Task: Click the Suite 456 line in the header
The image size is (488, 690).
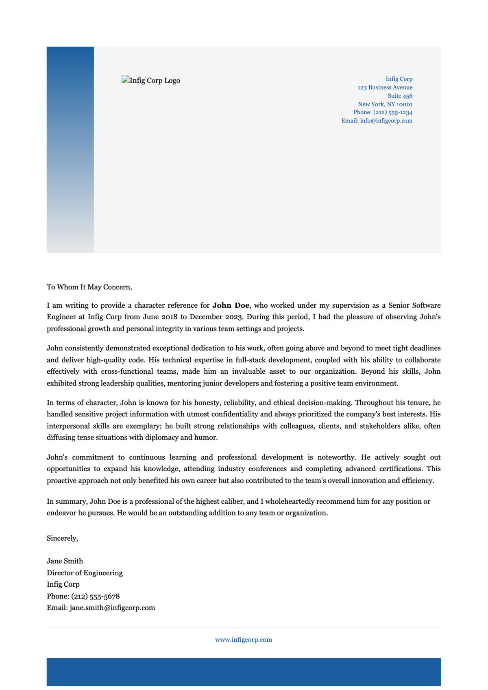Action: click(400, 96)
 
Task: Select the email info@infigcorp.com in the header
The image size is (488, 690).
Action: click(386, 121)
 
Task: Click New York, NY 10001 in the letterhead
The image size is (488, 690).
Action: click(385, 104)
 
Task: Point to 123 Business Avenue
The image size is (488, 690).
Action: click(385, 87)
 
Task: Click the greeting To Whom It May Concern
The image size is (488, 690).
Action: click(89, 287)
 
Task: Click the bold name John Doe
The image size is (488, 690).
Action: click(231, 305)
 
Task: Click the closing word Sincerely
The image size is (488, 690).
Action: click(62, 538)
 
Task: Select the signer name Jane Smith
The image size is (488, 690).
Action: click(65, 561)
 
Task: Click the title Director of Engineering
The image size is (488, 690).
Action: click(85, 573)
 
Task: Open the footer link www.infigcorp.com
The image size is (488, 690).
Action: click(244, 640)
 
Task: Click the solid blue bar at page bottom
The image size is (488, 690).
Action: click(244, 672)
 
